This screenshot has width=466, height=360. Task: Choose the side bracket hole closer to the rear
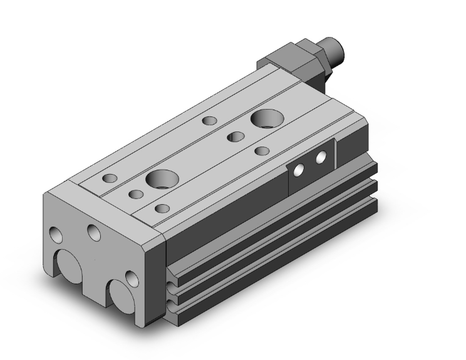pos(321,157)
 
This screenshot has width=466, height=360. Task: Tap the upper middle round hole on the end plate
pos(95,233)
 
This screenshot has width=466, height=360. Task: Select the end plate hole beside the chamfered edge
pos(131,278)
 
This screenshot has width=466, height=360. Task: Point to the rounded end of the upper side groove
pos(172,270)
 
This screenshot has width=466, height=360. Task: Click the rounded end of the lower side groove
pos(172,289)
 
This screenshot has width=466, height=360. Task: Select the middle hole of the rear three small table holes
pos(235,136)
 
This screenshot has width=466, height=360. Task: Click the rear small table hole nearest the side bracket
pos(262,150)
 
